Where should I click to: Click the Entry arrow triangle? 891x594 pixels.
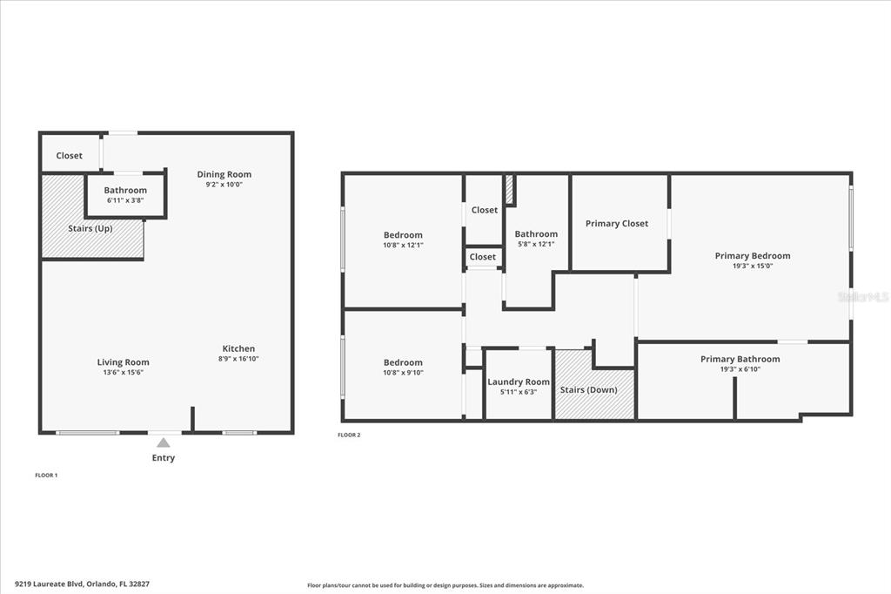[x=163, y=442]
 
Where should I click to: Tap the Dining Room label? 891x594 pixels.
[x=224, y=174]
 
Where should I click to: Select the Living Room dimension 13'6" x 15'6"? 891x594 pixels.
[x=123, y=373]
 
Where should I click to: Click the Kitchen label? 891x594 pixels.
[x=238, y=348]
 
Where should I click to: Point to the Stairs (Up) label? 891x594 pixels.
[x=90, y=228]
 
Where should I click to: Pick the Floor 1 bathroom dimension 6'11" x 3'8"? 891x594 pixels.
[x=125, y=200]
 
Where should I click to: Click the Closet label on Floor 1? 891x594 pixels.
[x=70, y=155]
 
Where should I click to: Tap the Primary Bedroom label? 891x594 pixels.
[x=753, y=255]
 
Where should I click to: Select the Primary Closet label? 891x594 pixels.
[x=617, y=224]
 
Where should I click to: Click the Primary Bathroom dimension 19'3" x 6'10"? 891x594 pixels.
[x=740, y=369]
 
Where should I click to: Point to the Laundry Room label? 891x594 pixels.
[x=519, y=381]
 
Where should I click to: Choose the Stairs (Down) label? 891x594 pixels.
[x=589, y=389]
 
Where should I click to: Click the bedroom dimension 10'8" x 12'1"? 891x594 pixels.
[x=403, y=246]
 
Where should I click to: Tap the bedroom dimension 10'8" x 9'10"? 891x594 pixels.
[x=403, y=373]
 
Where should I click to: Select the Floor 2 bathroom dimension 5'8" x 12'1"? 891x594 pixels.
[x=536, y=244]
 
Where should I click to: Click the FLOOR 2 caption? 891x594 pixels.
[x=349, y=435]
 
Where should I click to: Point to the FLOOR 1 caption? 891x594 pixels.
[x=46, y=475]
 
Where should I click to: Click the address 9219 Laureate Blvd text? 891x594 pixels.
[x=50, y=584]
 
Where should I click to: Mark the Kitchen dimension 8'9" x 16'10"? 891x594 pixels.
[x=238, y=359]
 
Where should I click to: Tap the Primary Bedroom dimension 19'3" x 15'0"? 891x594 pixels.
[x=753, y=266]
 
